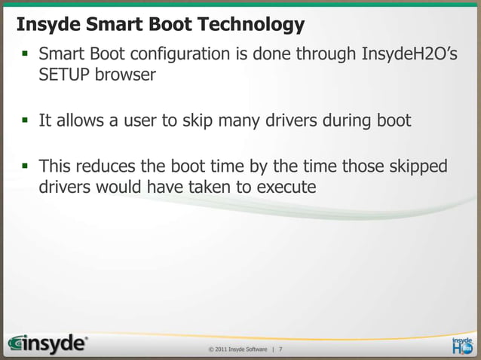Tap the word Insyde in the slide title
44,25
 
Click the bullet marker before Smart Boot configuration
23,55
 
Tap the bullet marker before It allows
23,121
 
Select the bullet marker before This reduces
23,166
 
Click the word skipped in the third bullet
417,165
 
